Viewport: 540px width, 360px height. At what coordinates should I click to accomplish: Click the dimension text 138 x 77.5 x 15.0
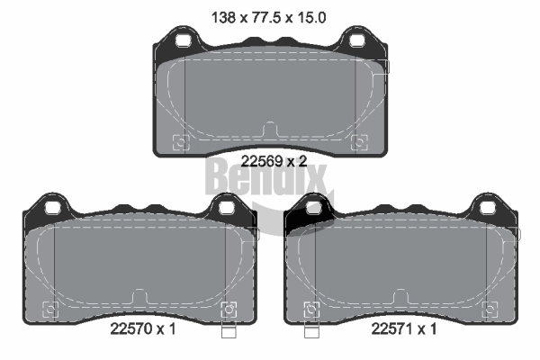268,17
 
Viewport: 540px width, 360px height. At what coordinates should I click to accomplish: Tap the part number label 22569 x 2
274,161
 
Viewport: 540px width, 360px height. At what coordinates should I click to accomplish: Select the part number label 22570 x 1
143,328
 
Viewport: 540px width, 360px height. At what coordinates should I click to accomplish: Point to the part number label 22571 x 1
403,328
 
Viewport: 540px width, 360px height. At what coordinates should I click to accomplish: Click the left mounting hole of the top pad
183,40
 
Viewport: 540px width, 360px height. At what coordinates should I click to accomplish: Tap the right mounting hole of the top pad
357,40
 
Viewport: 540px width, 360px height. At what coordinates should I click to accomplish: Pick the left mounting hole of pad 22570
53,208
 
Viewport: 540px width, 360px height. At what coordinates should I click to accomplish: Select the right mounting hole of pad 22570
227,208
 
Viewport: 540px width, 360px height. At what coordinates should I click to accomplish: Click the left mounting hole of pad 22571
314,208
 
